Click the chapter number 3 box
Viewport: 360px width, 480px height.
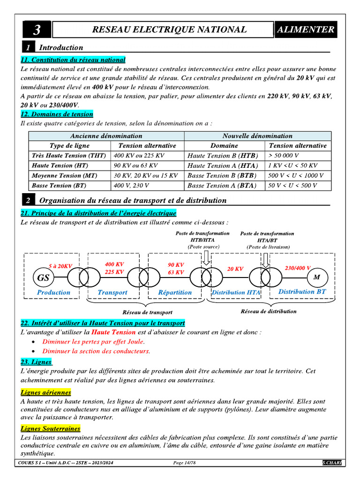tap(37, 30)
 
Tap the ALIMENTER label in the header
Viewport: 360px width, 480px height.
tap(306, 30)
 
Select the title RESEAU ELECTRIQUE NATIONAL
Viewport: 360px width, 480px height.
tap(169, 30)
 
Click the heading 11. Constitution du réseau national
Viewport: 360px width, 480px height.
tap(73, 60)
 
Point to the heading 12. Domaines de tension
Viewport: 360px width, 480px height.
tap(57, 114)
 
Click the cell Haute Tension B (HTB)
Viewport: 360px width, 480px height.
tap(222, 156)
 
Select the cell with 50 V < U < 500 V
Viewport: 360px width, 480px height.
tap(292, 186)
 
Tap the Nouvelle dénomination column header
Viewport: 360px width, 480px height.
tap(257, 136)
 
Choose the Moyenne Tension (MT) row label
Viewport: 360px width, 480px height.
tap(65, 176)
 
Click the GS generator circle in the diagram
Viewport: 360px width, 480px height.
tap(43, 278)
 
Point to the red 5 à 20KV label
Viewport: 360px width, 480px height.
tap(60, 266)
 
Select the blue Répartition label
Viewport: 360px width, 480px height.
tap(175, 292)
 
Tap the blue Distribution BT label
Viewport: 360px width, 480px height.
tap(302, 292)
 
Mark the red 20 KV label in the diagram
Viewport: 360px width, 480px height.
tap(235, 269)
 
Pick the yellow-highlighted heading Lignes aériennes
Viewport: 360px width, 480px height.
tap(46, 392)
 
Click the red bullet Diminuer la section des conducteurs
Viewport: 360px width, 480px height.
tap(96, 351)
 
